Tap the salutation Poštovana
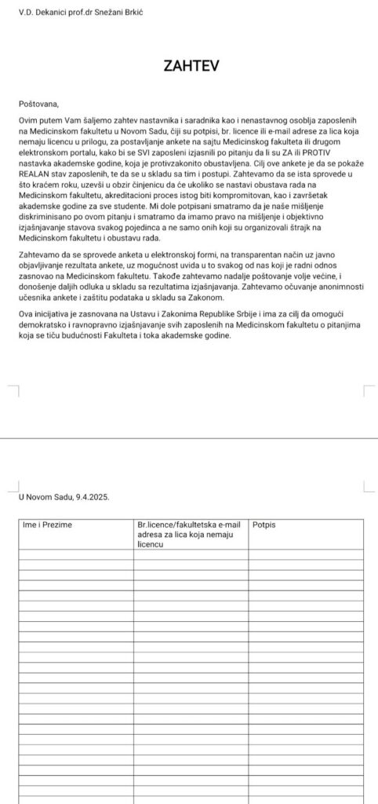[x=38, y=103]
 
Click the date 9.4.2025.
[x=91, y=497]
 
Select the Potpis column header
[x=264, y=523]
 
